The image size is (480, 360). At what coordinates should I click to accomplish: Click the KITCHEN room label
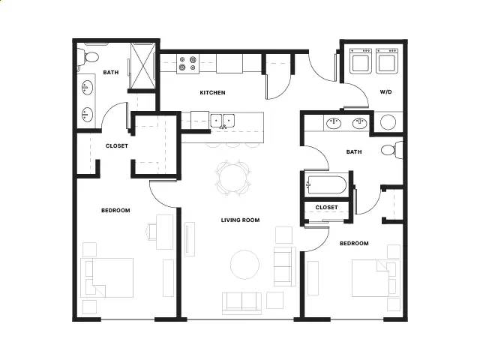coord(212,92)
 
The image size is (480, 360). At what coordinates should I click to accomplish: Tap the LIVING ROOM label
coord(240,220)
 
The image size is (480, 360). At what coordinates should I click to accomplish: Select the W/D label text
coord(385,91)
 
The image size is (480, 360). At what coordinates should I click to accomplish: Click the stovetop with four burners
coord(187,63)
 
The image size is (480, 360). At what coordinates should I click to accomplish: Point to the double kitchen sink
coord(223,121)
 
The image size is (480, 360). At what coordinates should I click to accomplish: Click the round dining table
coord(233,178)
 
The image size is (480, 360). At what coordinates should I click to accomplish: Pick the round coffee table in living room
coord(245,265)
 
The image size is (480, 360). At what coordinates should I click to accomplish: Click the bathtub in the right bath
coord(327,184)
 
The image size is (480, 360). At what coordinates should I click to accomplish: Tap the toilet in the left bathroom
coord(88,57)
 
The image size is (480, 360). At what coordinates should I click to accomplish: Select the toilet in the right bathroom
coord(392,150)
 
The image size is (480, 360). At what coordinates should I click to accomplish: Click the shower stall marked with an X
coord(143,66)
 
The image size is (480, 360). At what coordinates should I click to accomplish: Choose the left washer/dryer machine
coord(361,61)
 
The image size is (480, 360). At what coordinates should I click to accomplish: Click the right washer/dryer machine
coord(387,61)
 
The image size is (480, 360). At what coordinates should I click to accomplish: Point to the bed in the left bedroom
coord(106,277)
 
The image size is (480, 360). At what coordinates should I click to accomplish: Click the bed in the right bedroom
coord(376,278)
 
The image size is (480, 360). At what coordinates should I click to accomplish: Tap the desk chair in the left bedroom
coord(151,232)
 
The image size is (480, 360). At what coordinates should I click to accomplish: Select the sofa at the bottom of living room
coord(241,303)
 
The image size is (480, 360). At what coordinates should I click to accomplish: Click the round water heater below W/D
coord(388,122)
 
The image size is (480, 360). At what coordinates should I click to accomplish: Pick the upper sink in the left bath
coord(87,88)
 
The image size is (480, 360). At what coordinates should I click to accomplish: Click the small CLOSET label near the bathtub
coord(327,207)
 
